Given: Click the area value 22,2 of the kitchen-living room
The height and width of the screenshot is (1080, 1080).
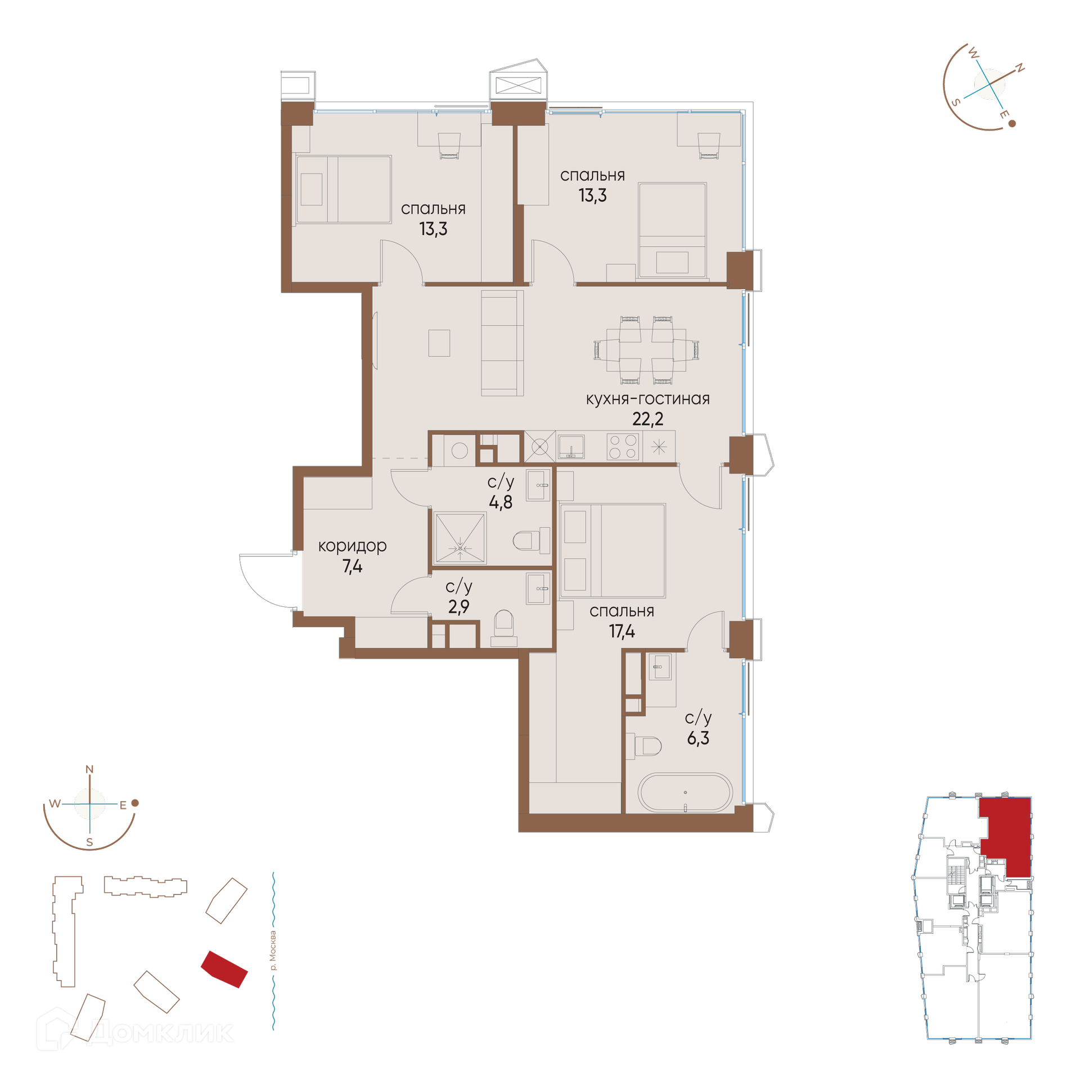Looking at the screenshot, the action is coord(647,419).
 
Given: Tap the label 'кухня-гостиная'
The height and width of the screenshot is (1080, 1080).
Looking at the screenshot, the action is coord(647,399).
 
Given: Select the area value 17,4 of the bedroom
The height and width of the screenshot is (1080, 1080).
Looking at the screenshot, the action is coord(622,631).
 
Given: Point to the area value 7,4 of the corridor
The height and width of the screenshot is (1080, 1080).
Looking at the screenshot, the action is coord(352,566).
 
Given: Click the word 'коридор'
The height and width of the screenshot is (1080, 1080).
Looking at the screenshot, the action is coord(352,546).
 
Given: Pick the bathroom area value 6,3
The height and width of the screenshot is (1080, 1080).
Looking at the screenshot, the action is coord(698,738).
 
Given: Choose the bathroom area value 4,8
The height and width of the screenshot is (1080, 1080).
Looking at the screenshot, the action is coord(501,502).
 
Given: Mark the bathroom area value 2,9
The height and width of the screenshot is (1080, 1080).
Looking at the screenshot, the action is coord(458,606).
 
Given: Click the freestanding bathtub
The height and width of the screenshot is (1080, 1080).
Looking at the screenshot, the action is coord(685,793).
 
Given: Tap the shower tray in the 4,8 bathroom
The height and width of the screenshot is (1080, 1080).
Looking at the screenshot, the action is coord(460,537).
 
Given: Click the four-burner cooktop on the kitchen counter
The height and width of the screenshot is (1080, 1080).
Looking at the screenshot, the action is coord(623,447).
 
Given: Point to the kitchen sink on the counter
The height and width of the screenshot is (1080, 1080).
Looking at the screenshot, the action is coord(571,447).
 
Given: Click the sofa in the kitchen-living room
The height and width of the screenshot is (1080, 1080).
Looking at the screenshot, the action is coord(502,343).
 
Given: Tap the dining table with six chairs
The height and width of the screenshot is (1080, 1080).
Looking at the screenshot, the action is coord(646,350).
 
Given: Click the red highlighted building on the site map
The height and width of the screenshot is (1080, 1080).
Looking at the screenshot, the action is coord(224,969).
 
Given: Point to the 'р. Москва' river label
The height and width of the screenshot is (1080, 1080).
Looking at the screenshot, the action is coord(273,951).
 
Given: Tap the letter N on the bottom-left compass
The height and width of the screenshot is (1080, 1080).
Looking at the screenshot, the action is coord(89,769).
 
